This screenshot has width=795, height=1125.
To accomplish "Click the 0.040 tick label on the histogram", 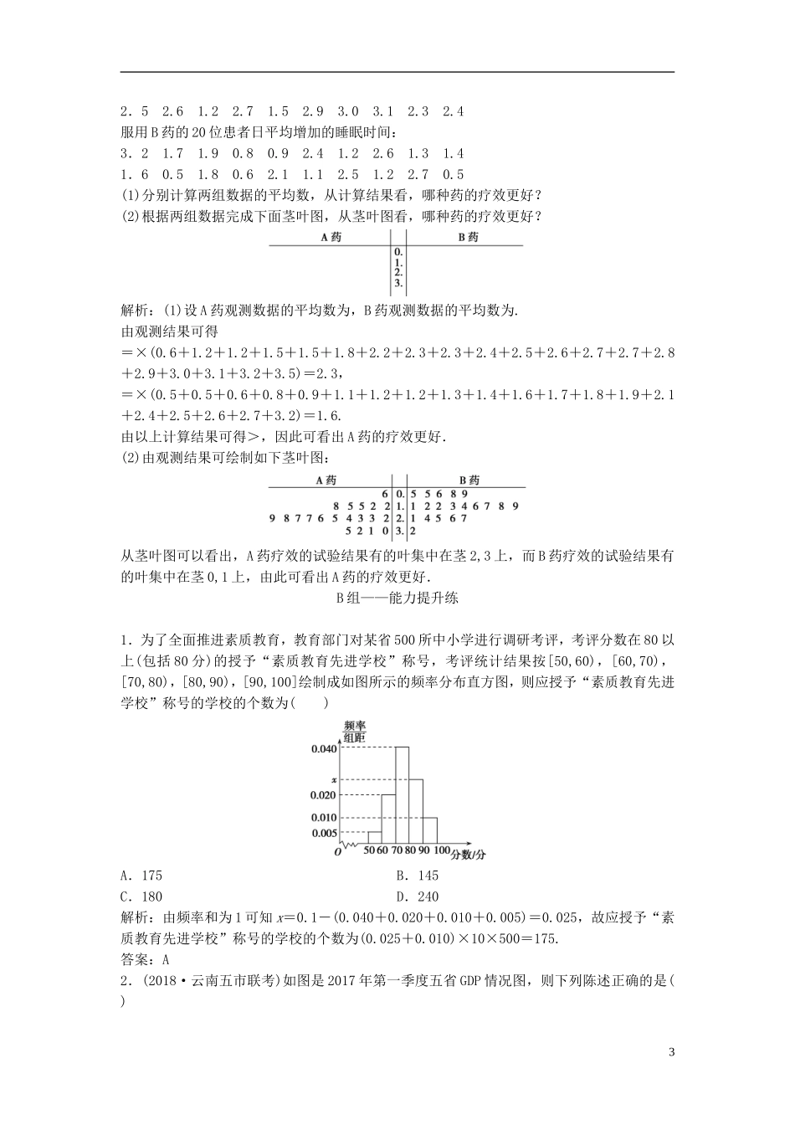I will (x=323, y=749).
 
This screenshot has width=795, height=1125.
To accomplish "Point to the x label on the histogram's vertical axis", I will (x=332, y=779).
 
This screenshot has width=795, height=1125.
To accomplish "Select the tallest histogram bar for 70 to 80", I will (x=402, y=794).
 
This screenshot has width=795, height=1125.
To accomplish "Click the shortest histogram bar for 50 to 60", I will (x=374, y=836).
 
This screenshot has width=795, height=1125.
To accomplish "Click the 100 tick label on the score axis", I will (x=442, y=851).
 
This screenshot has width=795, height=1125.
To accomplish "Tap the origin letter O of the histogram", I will (x=337, y=851).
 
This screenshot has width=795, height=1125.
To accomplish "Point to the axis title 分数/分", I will (x=469, y=854).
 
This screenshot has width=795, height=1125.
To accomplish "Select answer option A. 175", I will (x=142, y=876).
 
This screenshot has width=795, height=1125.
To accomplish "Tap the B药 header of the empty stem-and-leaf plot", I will (x=468, y=237).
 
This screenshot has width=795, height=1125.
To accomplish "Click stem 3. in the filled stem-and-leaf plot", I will (x=400, y=530).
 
